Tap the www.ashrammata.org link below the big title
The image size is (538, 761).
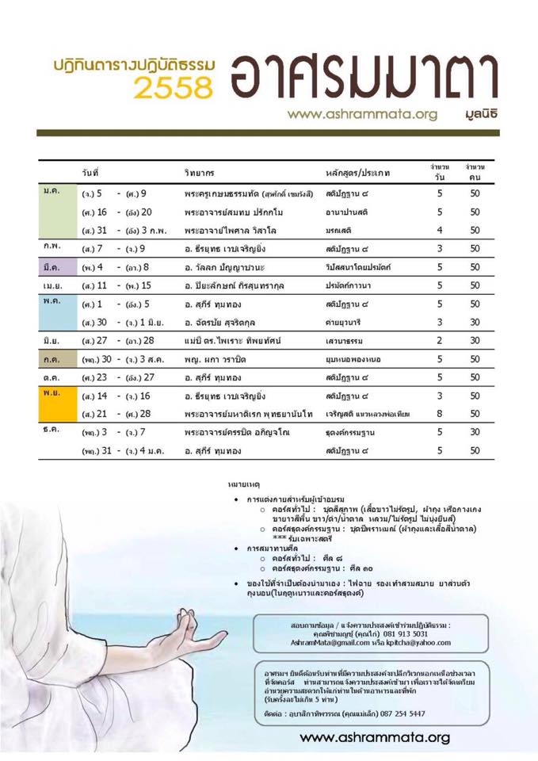362,114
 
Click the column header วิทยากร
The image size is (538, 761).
199,172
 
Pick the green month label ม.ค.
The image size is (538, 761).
51,193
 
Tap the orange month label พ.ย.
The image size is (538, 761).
52,395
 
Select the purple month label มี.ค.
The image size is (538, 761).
52,266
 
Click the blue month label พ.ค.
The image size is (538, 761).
51,303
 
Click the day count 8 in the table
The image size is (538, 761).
439,414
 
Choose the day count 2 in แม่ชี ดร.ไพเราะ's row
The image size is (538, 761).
439,340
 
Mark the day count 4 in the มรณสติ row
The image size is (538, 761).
439,230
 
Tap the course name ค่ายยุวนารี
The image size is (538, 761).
346,322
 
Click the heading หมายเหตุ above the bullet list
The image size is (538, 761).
243,483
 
